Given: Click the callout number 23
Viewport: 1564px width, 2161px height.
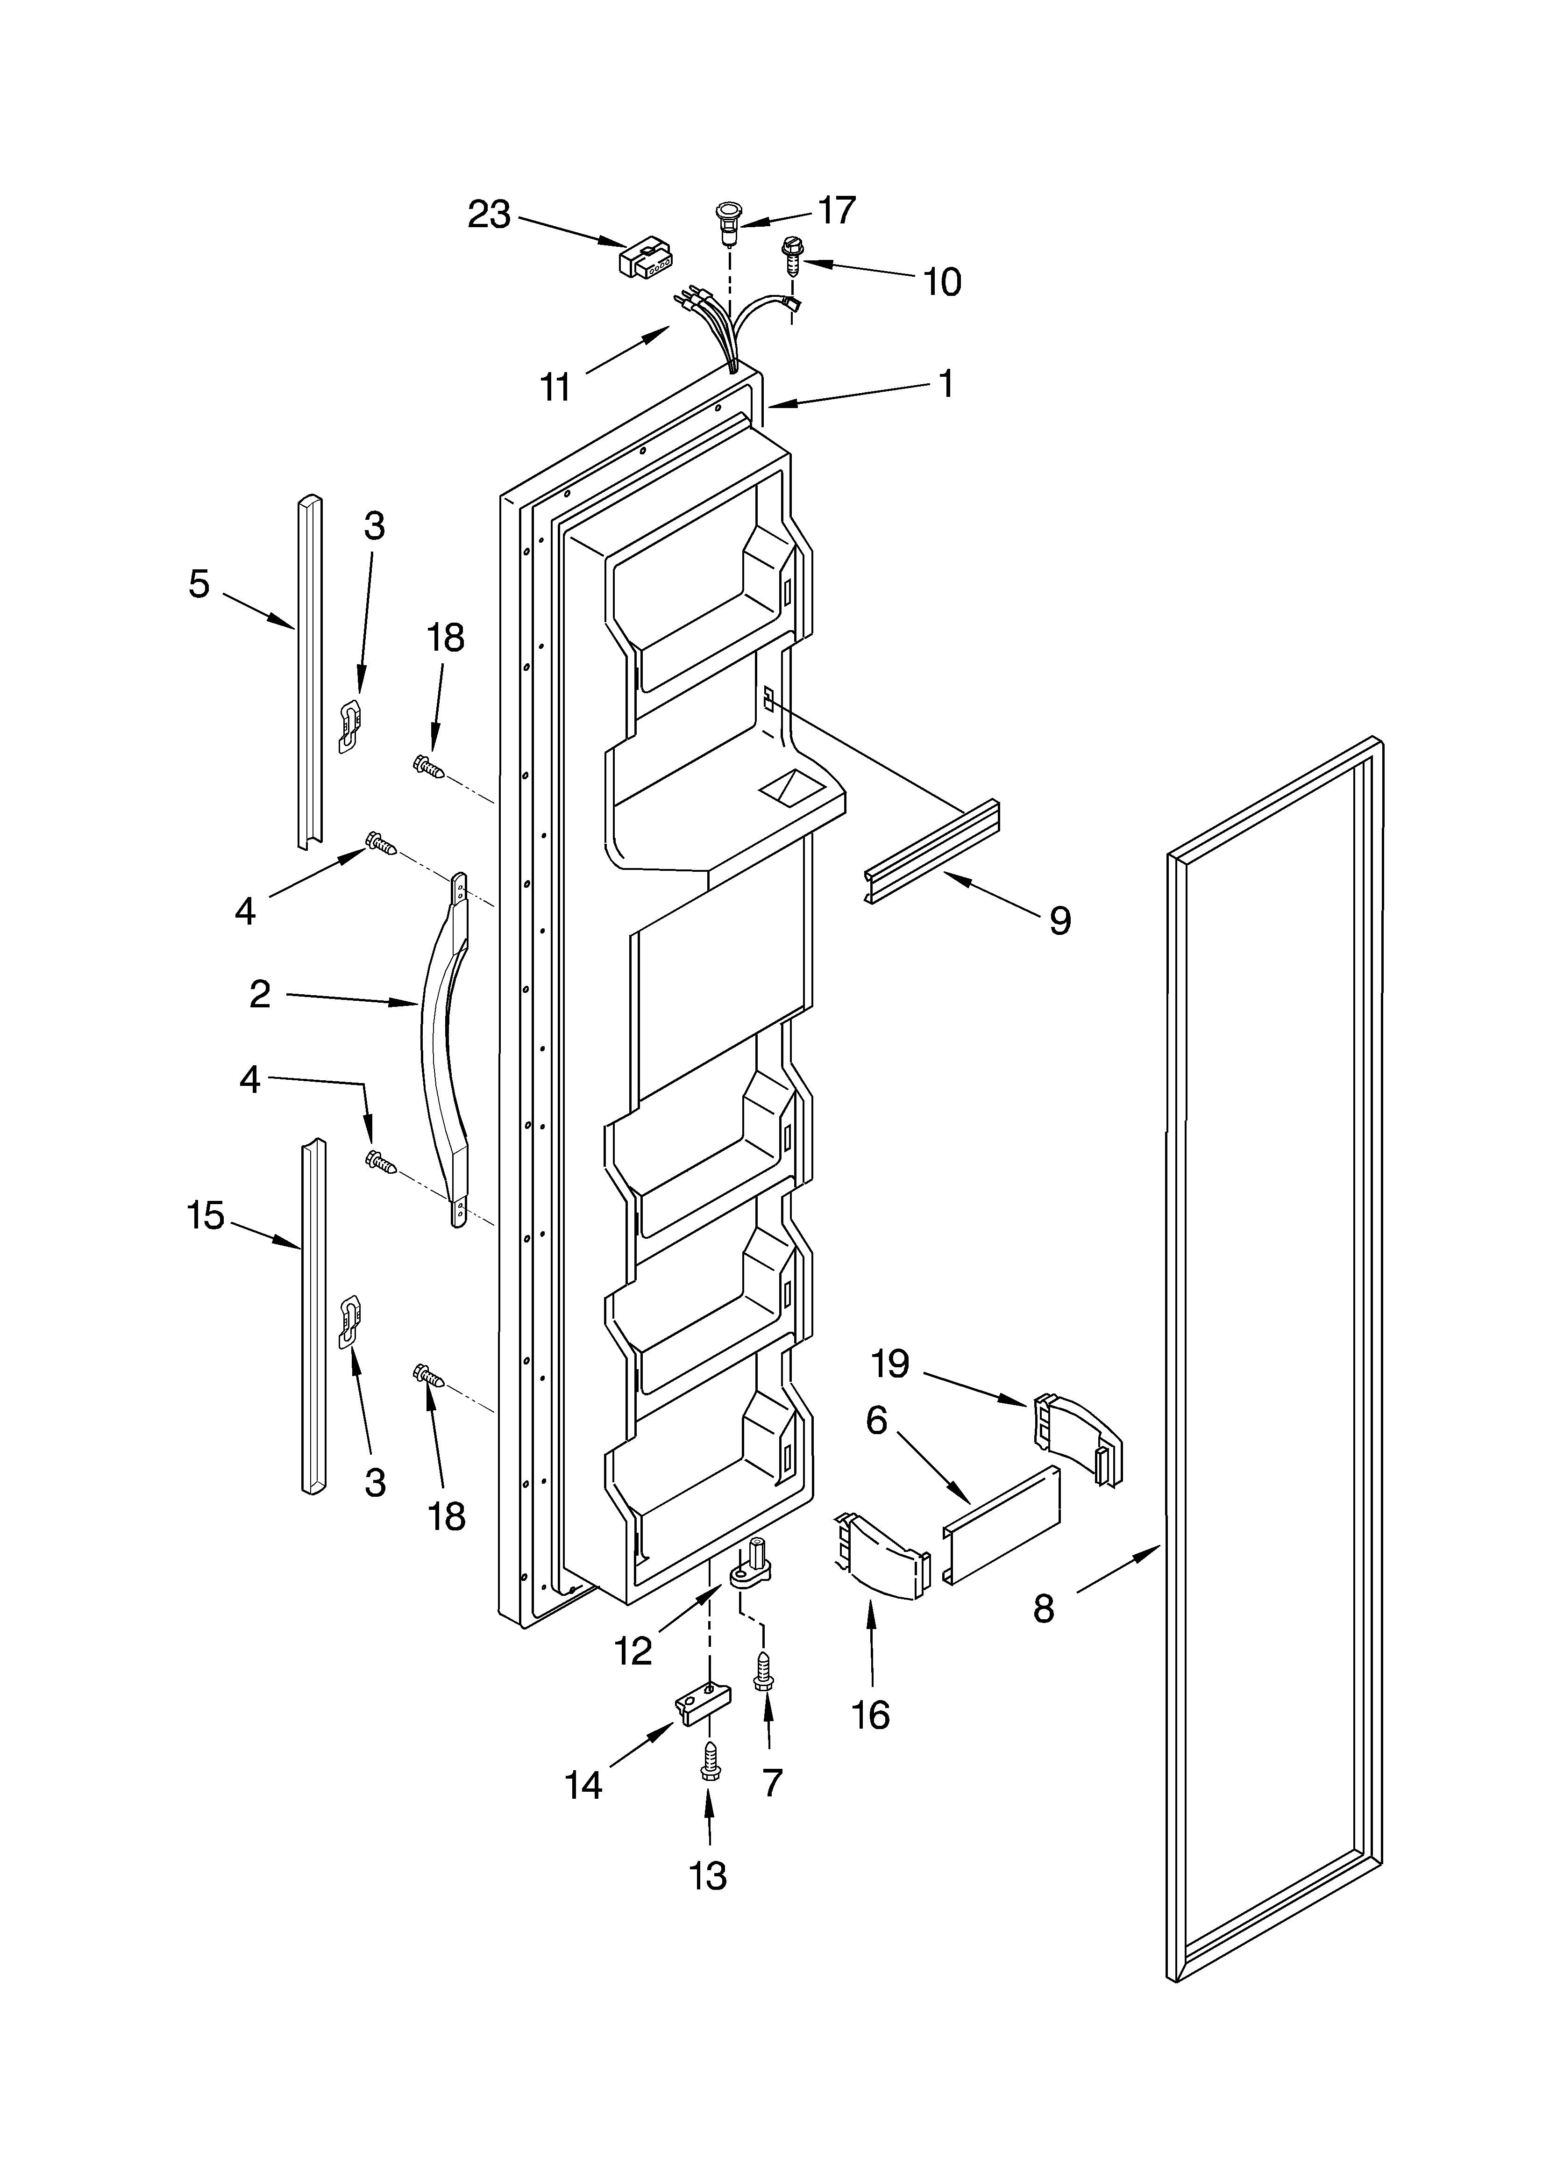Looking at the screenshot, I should coord(489,215).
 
